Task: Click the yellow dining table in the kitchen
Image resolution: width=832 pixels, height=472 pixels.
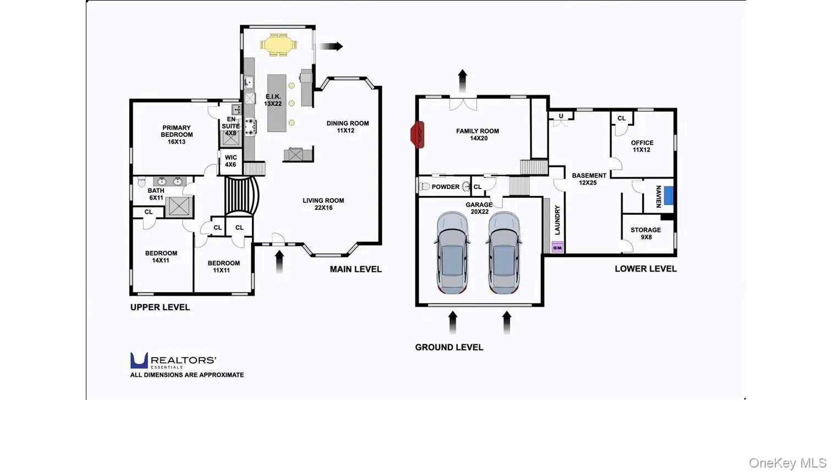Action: point(278,45)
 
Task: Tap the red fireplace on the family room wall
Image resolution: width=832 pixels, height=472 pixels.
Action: point(418,135)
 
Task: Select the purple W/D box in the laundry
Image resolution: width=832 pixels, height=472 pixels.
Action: point(557,247)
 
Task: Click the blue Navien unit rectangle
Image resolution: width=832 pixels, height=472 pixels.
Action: point(669,196)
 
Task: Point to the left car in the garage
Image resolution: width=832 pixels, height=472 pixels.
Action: point(452,253)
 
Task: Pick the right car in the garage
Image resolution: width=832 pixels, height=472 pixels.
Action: point(503,253)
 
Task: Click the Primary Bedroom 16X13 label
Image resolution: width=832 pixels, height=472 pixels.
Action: point(177,135)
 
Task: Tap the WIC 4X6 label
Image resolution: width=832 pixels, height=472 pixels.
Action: point(231,161)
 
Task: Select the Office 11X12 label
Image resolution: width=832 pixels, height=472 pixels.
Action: point(642,146)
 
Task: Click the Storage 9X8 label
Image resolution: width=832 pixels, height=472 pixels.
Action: point(645,233)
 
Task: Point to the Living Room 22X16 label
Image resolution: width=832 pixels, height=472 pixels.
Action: point(323,204)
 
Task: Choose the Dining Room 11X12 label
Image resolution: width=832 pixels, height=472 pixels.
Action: point(347,127)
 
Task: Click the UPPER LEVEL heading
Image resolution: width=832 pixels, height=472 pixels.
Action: point(160,307)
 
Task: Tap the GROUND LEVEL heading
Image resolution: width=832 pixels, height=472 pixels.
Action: point(449,347)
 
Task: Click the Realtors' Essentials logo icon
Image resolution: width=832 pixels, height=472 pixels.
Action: point(139,360)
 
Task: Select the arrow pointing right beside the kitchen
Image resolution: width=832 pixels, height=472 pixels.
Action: point(331,46)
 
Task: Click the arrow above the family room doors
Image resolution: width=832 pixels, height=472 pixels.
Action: point(462,81)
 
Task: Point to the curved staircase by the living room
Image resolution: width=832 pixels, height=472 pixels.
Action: point(242,196)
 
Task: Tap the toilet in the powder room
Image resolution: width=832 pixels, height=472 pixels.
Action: point(424,186)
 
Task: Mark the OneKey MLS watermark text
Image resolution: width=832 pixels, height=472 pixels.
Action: point(787,463)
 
